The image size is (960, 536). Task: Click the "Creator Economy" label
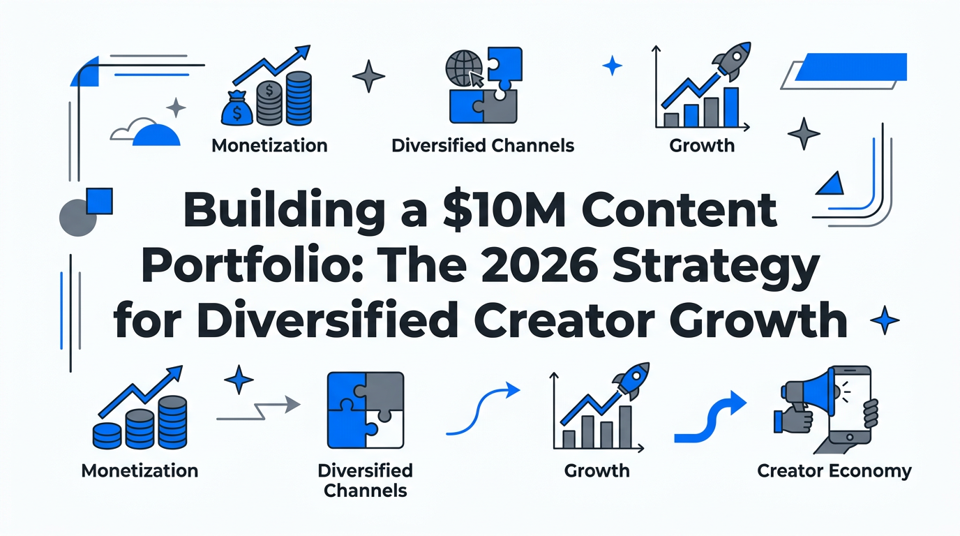click(834, 470)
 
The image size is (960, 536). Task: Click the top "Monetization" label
click(269, 145)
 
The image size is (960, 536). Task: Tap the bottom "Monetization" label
click(140, 470)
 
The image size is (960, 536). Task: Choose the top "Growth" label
click(702, 145)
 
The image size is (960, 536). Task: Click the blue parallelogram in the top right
click(850, 67)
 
